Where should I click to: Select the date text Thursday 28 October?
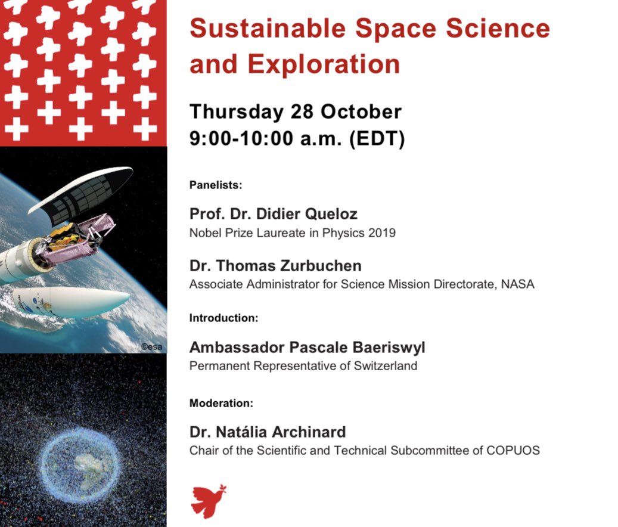point(295,112)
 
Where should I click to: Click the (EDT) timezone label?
point(377,139)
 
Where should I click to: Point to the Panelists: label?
point(216,185)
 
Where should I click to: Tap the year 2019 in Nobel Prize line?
point(383,233)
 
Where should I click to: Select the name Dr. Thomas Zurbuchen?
point(275,265)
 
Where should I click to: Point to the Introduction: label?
point(223,318)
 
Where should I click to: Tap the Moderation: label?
point(221,404)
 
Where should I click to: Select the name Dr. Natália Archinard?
point(268,432)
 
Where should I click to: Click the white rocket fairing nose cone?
point(89,302)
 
